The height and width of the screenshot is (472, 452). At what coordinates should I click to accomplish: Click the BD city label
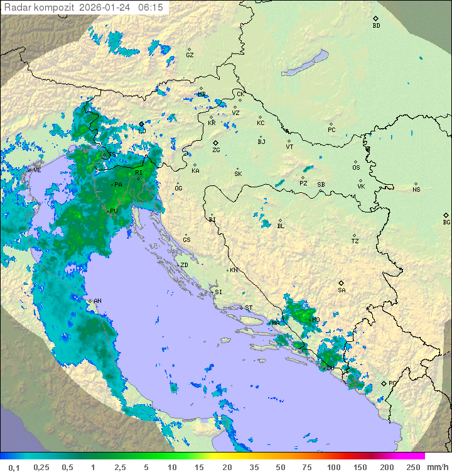coord(376,26)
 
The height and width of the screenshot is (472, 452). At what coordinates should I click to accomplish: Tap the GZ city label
coord(190,55)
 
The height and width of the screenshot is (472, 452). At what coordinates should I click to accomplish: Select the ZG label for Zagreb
coord(216,150)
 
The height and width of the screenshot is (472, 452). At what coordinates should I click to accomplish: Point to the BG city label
coord(446,222)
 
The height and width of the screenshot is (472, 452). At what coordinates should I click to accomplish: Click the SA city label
coord(342,290)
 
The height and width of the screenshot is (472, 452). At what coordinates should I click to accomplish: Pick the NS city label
coord(416,190)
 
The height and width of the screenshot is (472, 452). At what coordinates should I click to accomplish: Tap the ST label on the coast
coord(249,308)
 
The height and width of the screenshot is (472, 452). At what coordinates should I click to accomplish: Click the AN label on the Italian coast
coord(97,301)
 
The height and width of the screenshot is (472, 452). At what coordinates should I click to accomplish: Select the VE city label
coord(37,170)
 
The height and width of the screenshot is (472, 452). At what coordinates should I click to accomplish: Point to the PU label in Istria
coord(114,211)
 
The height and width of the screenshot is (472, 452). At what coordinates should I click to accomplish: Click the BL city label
coord(281,226)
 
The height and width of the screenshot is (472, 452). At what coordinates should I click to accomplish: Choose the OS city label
coord(356,168)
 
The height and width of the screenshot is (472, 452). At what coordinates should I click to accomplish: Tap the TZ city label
coord(355,241)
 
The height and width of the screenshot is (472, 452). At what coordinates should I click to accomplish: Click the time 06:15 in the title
coord(151,8)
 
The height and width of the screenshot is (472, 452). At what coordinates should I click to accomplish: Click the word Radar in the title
coord(16,8)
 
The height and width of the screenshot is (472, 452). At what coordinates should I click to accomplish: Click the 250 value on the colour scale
coord(412,467)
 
